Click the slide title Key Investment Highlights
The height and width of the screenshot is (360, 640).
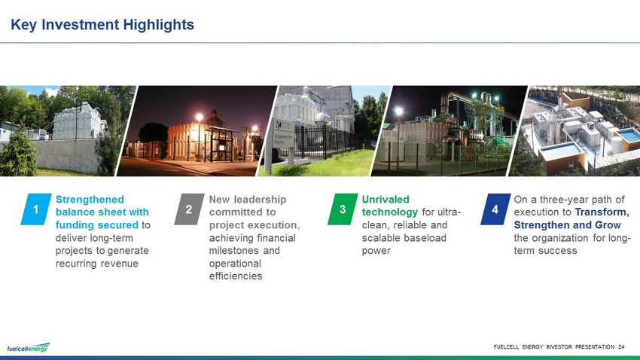click(x=102, y=25)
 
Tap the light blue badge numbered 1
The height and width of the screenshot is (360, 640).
click(x=36, y=209)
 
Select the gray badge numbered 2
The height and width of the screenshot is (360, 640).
click(x=189, y=209)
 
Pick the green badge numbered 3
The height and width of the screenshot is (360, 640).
click(x=343, y=209)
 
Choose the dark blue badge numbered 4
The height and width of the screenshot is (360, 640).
click(x=495, y=209)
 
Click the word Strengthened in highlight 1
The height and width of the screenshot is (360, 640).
click(x=90, y=200)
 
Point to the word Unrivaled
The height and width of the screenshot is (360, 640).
click(x=386, y=200)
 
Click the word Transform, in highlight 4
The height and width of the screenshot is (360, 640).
click(x=602, y=212)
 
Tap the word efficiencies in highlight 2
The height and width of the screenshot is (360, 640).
click(x=236, y=276)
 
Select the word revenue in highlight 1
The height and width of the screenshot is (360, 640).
click(x=120, y=264)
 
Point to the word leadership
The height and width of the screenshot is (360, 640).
click(x=260, y=200)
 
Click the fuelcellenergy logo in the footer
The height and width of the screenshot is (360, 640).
click(x=28, y=348)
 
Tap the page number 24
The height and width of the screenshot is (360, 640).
click(x=621, y=347)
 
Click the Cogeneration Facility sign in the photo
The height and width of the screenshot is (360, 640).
click(x=283, y=134)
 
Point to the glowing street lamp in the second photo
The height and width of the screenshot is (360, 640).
click(x=200, y=117)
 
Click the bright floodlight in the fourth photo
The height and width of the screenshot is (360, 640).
click(x=399, y=111)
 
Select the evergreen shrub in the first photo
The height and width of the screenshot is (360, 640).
click(x=17, y=153)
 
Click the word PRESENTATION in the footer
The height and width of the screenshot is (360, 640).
click(x=595, y=347)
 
